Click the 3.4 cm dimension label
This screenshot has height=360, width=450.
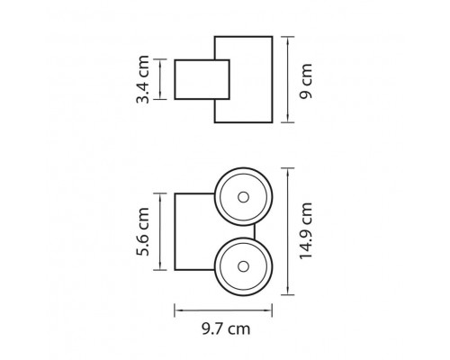pos(142,79)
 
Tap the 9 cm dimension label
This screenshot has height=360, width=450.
pos(306,81)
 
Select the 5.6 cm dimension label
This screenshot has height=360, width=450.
pos(142,231)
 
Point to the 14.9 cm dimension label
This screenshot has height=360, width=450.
pos(306,230)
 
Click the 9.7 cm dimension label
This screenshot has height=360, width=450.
pos(226,328)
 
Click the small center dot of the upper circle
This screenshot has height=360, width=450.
pos(243,197)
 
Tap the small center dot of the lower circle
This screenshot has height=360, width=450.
pos(243,266)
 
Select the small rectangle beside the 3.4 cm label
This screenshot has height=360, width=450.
pos(202,79)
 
